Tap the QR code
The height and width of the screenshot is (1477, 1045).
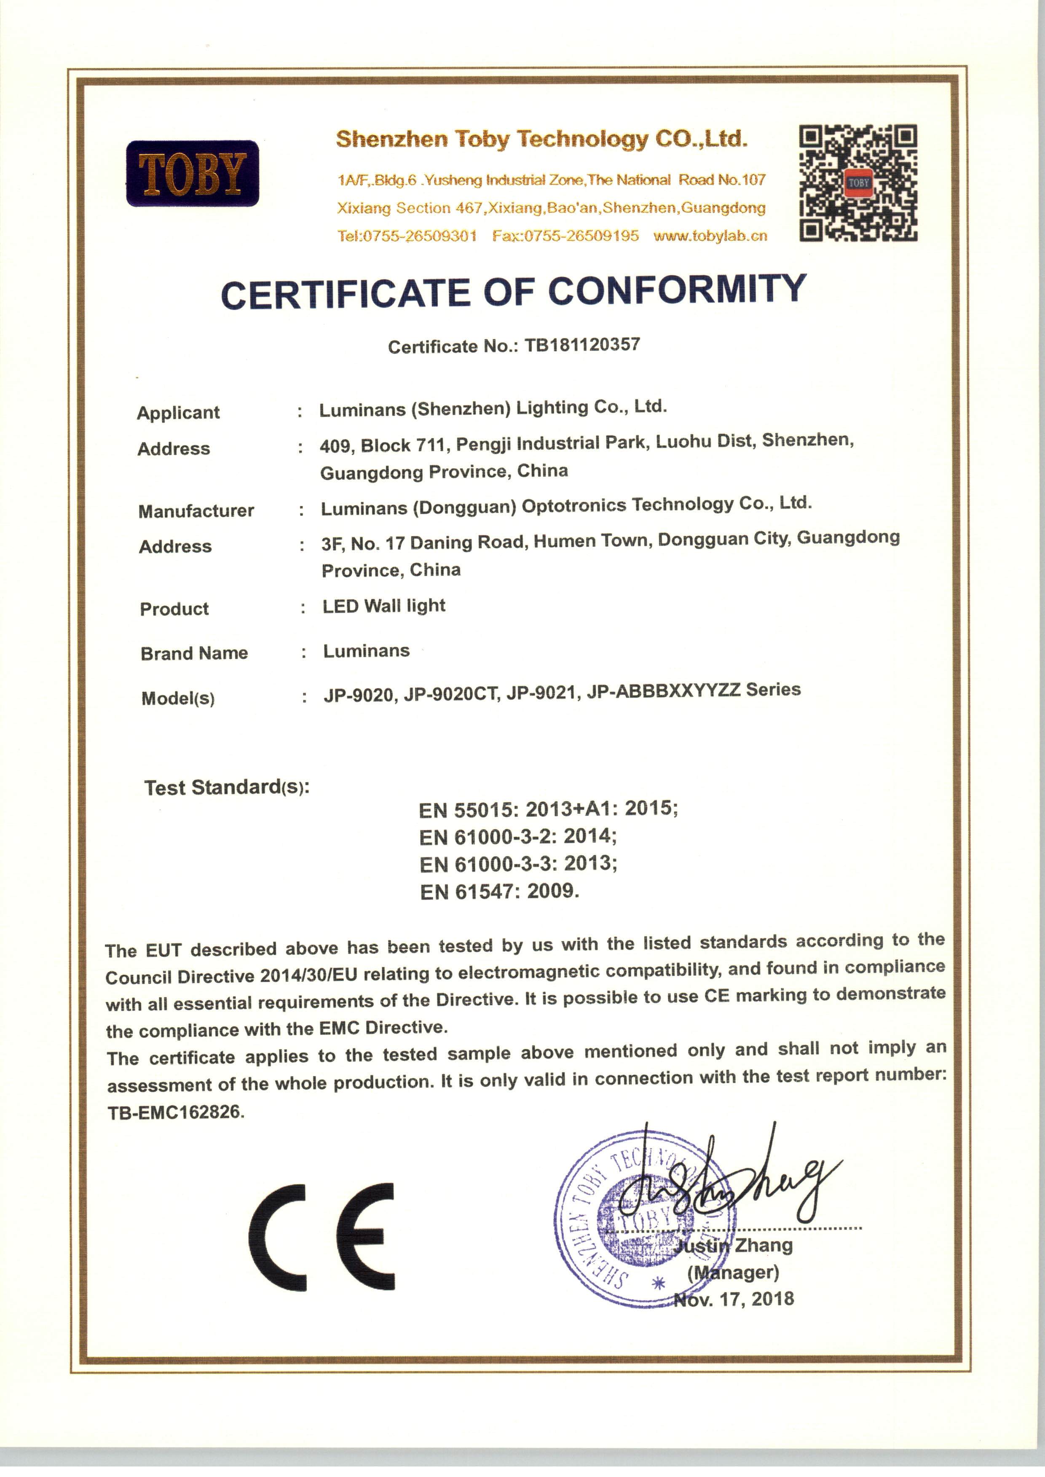click(x=858, y=183)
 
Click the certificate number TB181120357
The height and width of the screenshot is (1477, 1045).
click(x=582, y=345)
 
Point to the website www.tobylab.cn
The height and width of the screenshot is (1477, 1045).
click(x=710, y=236)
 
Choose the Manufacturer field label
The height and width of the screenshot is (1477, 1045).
click(x=196, y=511)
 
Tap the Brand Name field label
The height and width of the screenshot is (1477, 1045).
click(x=194, y=653)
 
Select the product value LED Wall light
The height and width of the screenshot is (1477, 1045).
click(x=384, y=606)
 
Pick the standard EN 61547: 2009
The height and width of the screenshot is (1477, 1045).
click(x=499, y=892)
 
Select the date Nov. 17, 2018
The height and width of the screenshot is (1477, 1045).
click(x=734, y=1299)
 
